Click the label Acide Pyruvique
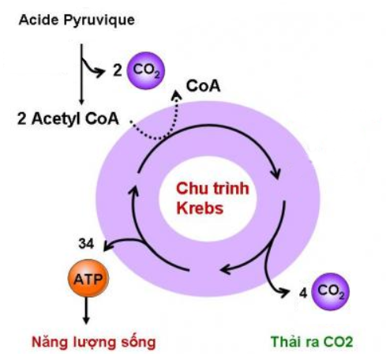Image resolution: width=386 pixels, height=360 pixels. point(77,21)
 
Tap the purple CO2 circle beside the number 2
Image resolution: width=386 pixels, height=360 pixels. point(146,70)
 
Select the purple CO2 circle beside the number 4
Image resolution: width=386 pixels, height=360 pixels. point(330,291)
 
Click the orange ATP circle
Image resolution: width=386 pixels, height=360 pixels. point(88,278)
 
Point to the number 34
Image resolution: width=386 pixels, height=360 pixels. point(86,244)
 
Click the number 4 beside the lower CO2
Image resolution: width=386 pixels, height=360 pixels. point(303,293)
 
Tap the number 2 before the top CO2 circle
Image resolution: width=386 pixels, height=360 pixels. point(118,70)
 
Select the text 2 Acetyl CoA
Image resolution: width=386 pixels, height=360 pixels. point(68,118)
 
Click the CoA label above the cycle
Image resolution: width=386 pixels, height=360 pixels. point(203,86)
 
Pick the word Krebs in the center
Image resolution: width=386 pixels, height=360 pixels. point(200,208)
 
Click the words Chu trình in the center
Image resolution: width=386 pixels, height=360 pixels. point(212,189)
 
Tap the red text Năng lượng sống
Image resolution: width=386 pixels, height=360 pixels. point(94,342)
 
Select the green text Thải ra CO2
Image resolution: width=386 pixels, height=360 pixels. point(312,342)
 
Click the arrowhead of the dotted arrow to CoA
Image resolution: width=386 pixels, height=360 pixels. point(177,95)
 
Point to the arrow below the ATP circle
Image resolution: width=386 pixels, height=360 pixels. point(86,310)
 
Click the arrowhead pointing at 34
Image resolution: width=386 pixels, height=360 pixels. point(107,246)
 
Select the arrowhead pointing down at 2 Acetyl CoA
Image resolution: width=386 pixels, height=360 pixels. point(81,101)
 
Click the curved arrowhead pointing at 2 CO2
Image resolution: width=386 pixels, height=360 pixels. point(100,72)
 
